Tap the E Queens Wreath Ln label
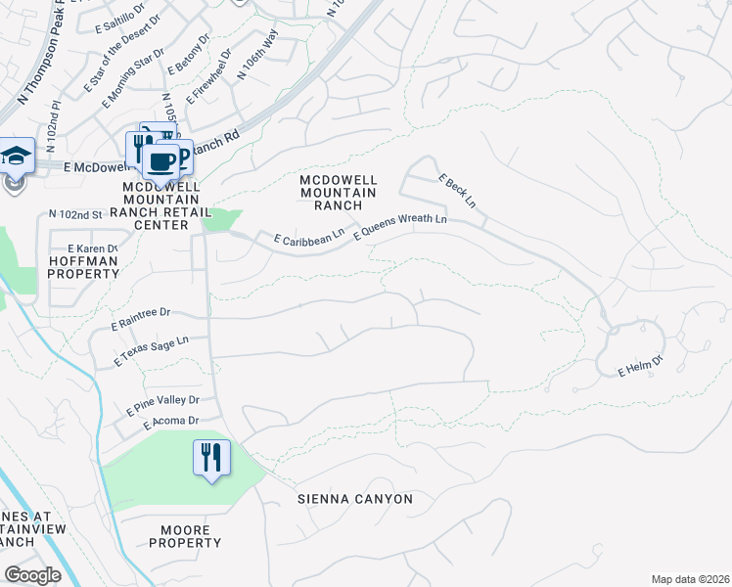pos(399,227)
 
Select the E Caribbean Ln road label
pos(309,236)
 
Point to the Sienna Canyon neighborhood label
pos(355,499)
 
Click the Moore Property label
pos(186,536)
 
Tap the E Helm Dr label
pos(640,367)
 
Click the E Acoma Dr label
pos(171,422)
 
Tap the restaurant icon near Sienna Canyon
pos(211,457)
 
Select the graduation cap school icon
pos(16,156)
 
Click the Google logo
pos(32,575)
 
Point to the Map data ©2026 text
pos(690,579)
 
